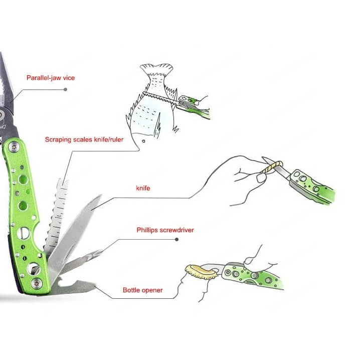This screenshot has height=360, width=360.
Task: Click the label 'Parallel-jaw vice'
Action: click(51, 78)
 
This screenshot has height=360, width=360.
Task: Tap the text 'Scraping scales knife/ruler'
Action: click(84, 139)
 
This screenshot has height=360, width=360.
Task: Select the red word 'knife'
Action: click(143, 188)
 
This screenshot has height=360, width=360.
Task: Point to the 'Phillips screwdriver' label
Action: click(165, 230)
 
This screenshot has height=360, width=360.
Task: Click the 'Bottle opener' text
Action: click(142, 290)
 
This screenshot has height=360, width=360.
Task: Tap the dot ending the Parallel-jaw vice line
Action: click(66, 89)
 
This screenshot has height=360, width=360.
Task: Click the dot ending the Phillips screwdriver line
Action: click(176, 240)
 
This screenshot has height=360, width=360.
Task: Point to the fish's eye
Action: click(143, 141)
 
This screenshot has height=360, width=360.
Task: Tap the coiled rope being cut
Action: click(273, 167)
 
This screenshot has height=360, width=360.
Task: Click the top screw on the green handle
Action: click(14, 146)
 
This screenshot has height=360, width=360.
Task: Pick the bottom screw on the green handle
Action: click(37, 284)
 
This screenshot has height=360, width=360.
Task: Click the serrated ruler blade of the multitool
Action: click(56, 216)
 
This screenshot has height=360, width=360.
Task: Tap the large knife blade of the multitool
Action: click(74, 237)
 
